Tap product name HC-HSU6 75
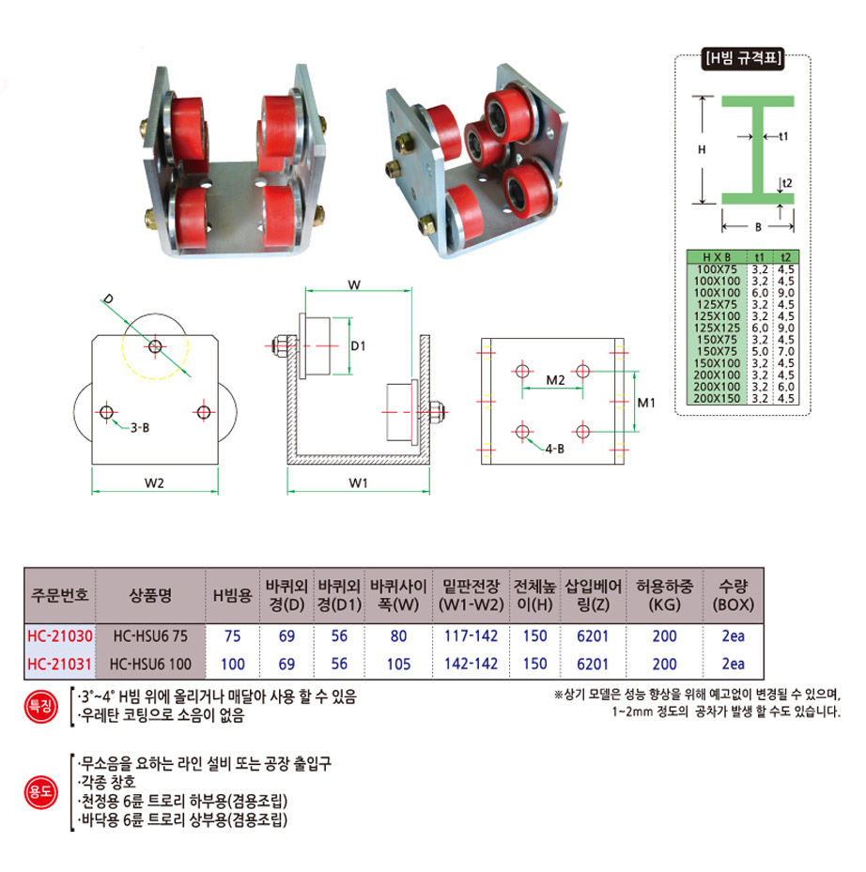(149, 635)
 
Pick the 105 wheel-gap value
(398, 665)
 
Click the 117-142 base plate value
(470, 635)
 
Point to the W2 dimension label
(155, 483)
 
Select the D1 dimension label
(358, 346)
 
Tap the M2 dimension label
(555, 381)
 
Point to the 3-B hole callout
(139, 428)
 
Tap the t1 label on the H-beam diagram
(783, 136)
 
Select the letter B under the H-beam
(758, 226)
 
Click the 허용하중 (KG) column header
(664, 595)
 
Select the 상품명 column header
(149, 595)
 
